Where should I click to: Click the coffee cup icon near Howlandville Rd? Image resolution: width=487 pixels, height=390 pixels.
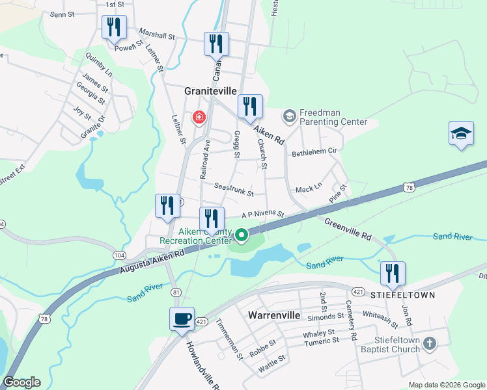click(x=182, y=319)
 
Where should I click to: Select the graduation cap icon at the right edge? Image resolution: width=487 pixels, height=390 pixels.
click(x=461, y=134)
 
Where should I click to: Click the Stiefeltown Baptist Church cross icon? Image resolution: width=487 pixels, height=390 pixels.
click(x=429, y=343)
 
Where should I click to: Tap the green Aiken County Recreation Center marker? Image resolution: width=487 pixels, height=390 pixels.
click(x=242, y=235)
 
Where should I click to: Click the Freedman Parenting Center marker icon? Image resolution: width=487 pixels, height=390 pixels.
click(x=289, y=116)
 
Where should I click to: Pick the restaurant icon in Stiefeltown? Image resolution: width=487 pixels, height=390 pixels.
click(x=393, y=273)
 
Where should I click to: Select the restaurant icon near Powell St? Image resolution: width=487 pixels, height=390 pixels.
click(x=114, y=27)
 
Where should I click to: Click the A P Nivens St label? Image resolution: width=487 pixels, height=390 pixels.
click(x=263, y=214)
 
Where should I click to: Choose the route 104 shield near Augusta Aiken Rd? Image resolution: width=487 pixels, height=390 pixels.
click(x=119, y=255)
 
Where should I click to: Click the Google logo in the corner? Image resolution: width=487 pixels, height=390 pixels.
click(x=21, y=382)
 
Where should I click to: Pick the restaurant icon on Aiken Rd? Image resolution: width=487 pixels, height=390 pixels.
click(x=250, y=107)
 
